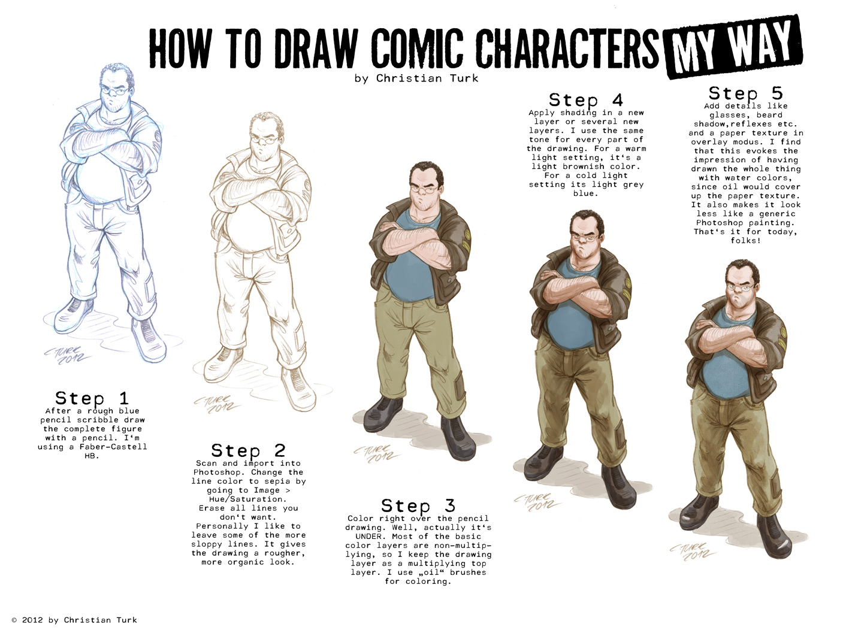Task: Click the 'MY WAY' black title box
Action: point(734,47)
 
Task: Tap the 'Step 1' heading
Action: point(92,398)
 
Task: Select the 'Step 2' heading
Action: point(248,450)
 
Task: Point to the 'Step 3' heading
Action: point(418,505)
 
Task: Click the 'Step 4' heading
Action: point(586,100)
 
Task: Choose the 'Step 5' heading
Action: point(746,93)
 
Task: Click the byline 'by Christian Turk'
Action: point(416,78)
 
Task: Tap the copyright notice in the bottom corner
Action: point(74,620)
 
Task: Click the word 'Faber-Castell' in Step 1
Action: point(113,447)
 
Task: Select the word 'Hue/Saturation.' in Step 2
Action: point(247,499)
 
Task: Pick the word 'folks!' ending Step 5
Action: point(746,241)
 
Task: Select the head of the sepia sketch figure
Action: point(266,135)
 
